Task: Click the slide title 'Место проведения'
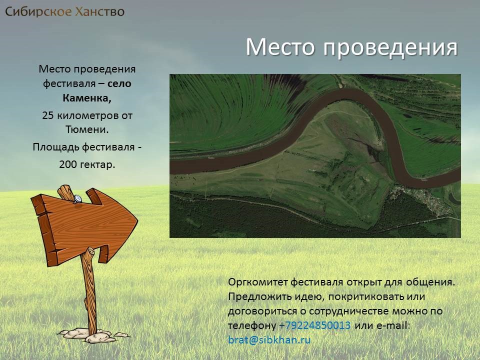[351, 47]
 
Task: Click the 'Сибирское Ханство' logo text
[65, 11]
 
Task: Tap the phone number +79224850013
[314, 325]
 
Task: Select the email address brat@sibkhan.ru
[269, 340]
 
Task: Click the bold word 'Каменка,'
[87, 98]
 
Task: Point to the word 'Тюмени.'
[87, 129]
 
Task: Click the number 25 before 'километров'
[48, 115]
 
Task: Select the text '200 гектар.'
[87, 164]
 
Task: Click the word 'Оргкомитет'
[258, 282]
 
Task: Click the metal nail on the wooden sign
[77, 199]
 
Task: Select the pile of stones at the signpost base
[93, 335]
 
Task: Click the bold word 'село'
[119, 83]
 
